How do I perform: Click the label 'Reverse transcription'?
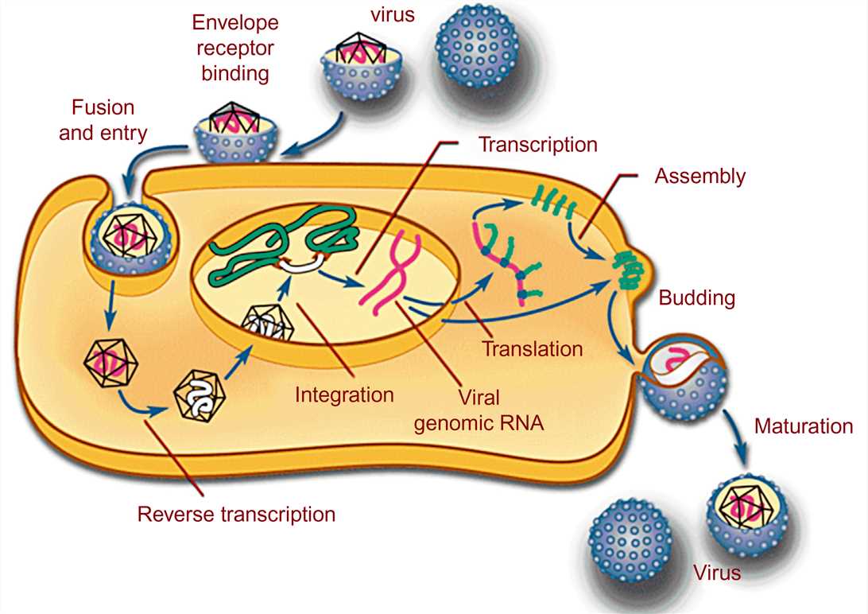(236, 514)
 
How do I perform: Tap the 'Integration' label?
(344, 394)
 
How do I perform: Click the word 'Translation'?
(533, 348)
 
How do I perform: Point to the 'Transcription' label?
(537, 145)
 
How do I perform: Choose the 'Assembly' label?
(699, 176)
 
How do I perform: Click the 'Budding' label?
(696, 298)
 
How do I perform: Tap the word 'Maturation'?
(803, 426)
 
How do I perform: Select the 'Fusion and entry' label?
(103, 120)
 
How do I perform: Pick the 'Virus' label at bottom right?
(716, 572)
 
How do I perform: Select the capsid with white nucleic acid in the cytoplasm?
(200, 393)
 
